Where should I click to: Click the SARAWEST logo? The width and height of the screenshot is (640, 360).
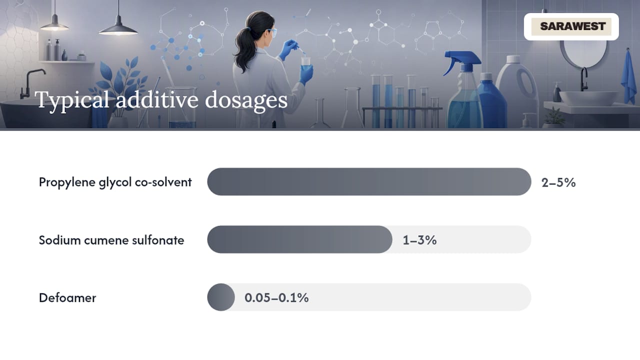tap(571, 26)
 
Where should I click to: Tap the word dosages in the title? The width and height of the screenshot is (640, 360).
tap(246, 100)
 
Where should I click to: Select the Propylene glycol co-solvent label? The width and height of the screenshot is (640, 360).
tap(115, 182)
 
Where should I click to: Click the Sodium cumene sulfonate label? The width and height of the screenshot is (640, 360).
tap(111, 240)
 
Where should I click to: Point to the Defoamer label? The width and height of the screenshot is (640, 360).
tap(67, 297)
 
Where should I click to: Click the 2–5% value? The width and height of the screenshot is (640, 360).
tap(558, 182)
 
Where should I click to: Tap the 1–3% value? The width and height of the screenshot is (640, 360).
tap(419, 240)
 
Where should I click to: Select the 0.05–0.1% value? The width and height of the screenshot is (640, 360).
tap(276, 297)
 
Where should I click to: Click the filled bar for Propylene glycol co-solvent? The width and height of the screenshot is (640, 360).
tap(369, 181)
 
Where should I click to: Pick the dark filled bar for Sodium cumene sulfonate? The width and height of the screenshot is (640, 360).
tap(299, 239)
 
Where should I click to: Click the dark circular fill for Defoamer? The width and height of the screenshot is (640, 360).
tap(221, 297)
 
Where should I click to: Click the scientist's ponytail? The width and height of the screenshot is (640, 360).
tap(242, 48)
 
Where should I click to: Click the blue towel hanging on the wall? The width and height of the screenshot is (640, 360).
tap(628, 77)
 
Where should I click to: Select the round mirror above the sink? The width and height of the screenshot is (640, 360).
tap(583, 53)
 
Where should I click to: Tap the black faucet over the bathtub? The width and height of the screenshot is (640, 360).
tap(31, 83)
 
